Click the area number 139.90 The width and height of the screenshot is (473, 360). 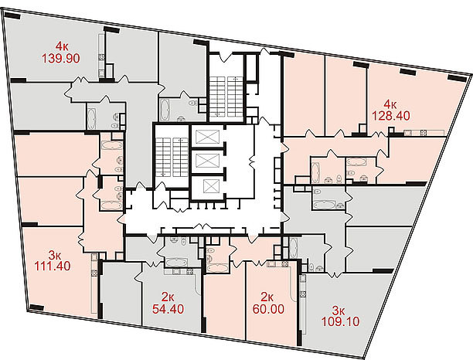click(x=60, y=58)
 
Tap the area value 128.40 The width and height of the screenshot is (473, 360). click(x=390, y=115)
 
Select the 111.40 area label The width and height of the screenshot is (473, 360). click(x=53, y=266)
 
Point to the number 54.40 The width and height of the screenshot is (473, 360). click(x=168, y=309)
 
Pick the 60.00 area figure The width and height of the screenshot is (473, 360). click(x=268, y=309)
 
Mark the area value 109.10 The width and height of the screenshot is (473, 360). click(x=340, y=321)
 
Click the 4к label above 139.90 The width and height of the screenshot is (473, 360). click(x=62, y=46)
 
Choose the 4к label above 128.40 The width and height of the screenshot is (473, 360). click(x=390, y=104)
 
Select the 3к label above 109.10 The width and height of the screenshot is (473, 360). click(x=339, y=311)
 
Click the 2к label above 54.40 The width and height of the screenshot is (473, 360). click(x=168, y=297)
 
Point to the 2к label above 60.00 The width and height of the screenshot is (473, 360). click(x=267, y=297)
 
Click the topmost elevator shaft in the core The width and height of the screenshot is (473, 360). click(x=207, y=137)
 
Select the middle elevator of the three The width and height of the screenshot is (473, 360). click(x=207, y=161)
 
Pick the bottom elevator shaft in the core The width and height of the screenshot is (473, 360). click(x=209, y=186)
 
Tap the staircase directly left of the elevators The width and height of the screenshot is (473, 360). click(x=172, y=157)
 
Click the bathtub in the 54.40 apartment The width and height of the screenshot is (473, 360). click(x=176, y=262)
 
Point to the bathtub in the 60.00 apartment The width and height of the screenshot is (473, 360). click(x=217, y=268)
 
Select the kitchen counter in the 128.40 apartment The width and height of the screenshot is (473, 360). click(x=424, y=132)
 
